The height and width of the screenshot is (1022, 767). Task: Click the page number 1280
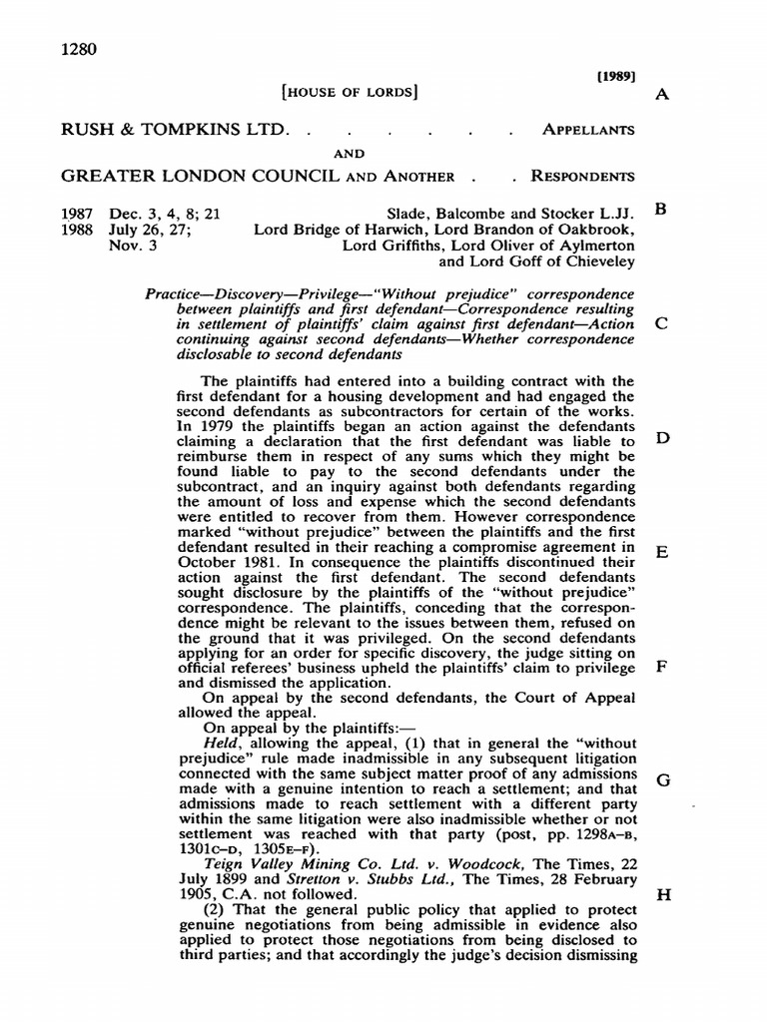coord(81,50)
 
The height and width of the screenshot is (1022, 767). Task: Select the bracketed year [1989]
coord(616,76)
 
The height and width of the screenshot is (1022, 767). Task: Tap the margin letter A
coord(659,96)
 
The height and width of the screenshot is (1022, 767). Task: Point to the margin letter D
coord(659,439)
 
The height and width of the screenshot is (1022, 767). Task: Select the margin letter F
coord(659,667)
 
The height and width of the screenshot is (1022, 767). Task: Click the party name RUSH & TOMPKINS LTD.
coord(175,131)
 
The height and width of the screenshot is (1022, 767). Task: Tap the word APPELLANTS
coord(587,131)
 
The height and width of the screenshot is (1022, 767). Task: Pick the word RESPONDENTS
coord(582,177)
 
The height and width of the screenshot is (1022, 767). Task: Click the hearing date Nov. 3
coord(133,244)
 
